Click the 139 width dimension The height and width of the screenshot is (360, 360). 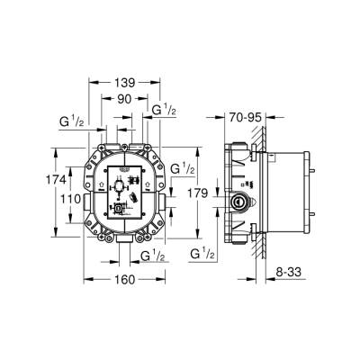[x=126, y=82]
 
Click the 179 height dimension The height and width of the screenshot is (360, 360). [x=203, y=192]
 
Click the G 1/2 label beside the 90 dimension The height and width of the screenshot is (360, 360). [x=163, y=110]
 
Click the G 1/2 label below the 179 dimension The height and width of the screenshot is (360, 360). [x=203, y=256]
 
